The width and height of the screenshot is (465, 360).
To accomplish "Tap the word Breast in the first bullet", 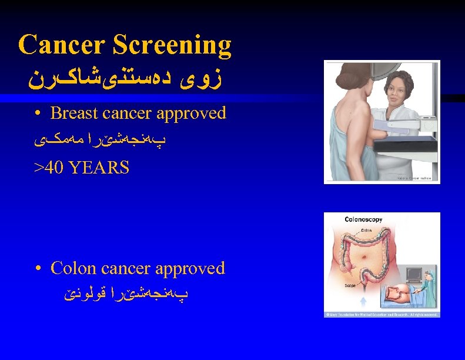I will click(x=74, y=113).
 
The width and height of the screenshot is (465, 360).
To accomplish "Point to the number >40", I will click(x=49, y=168).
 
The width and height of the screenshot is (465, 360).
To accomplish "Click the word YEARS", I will click(x=99, y=168).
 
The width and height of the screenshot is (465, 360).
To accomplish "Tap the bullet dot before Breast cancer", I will click(x=37, y=114).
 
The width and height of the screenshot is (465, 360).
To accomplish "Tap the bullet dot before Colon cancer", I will click(x=37, y=269).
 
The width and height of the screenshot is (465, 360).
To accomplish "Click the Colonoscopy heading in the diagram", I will click(x=363, y=219).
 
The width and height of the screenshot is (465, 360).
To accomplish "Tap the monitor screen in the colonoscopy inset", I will click(x=416, y=274).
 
